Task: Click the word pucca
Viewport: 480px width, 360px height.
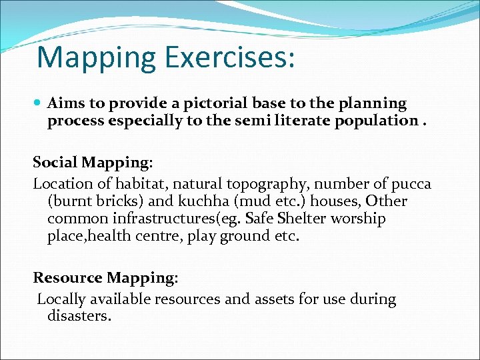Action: (x=411, y=183)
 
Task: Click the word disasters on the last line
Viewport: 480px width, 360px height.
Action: (x=79, y=316)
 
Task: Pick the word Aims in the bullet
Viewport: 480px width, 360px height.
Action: (x=65, y=104)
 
